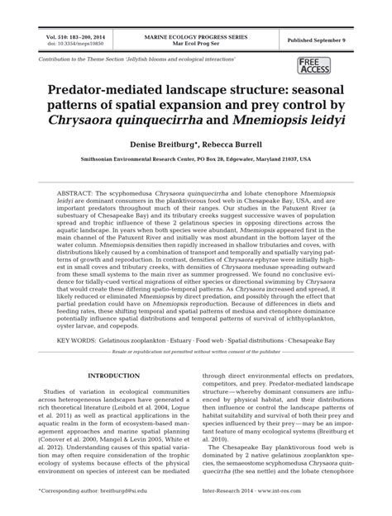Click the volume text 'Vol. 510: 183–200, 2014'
coord(75,37)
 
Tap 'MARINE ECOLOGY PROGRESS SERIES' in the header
coord(196,37)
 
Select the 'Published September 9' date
coord(317,40)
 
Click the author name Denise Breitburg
coord(164,143)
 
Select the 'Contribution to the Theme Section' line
coord(137,61)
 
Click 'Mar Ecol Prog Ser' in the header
coord(196,44)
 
